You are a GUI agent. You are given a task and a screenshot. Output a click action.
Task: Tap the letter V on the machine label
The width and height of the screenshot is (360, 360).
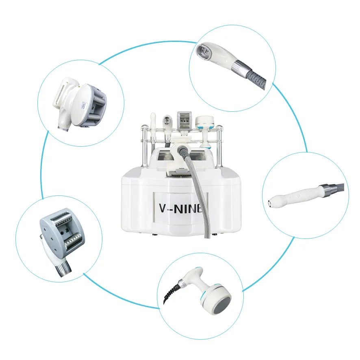coord(164,208)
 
